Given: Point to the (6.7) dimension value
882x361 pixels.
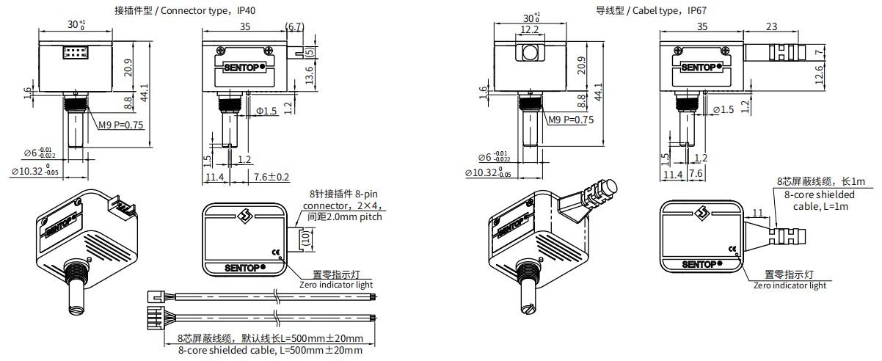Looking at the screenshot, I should [x=294, y=26].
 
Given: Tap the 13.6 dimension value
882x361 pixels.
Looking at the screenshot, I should [x=309, y=73].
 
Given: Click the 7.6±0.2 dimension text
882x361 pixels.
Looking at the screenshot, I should [x=271, y=177].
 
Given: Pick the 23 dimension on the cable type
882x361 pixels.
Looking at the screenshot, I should [x=770, y=26].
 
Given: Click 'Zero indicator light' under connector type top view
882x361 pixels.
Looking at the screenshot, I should [x=335, y=284].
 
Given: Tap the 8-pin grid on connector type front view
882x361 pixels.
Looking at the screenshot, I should [x=76, y=52].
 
